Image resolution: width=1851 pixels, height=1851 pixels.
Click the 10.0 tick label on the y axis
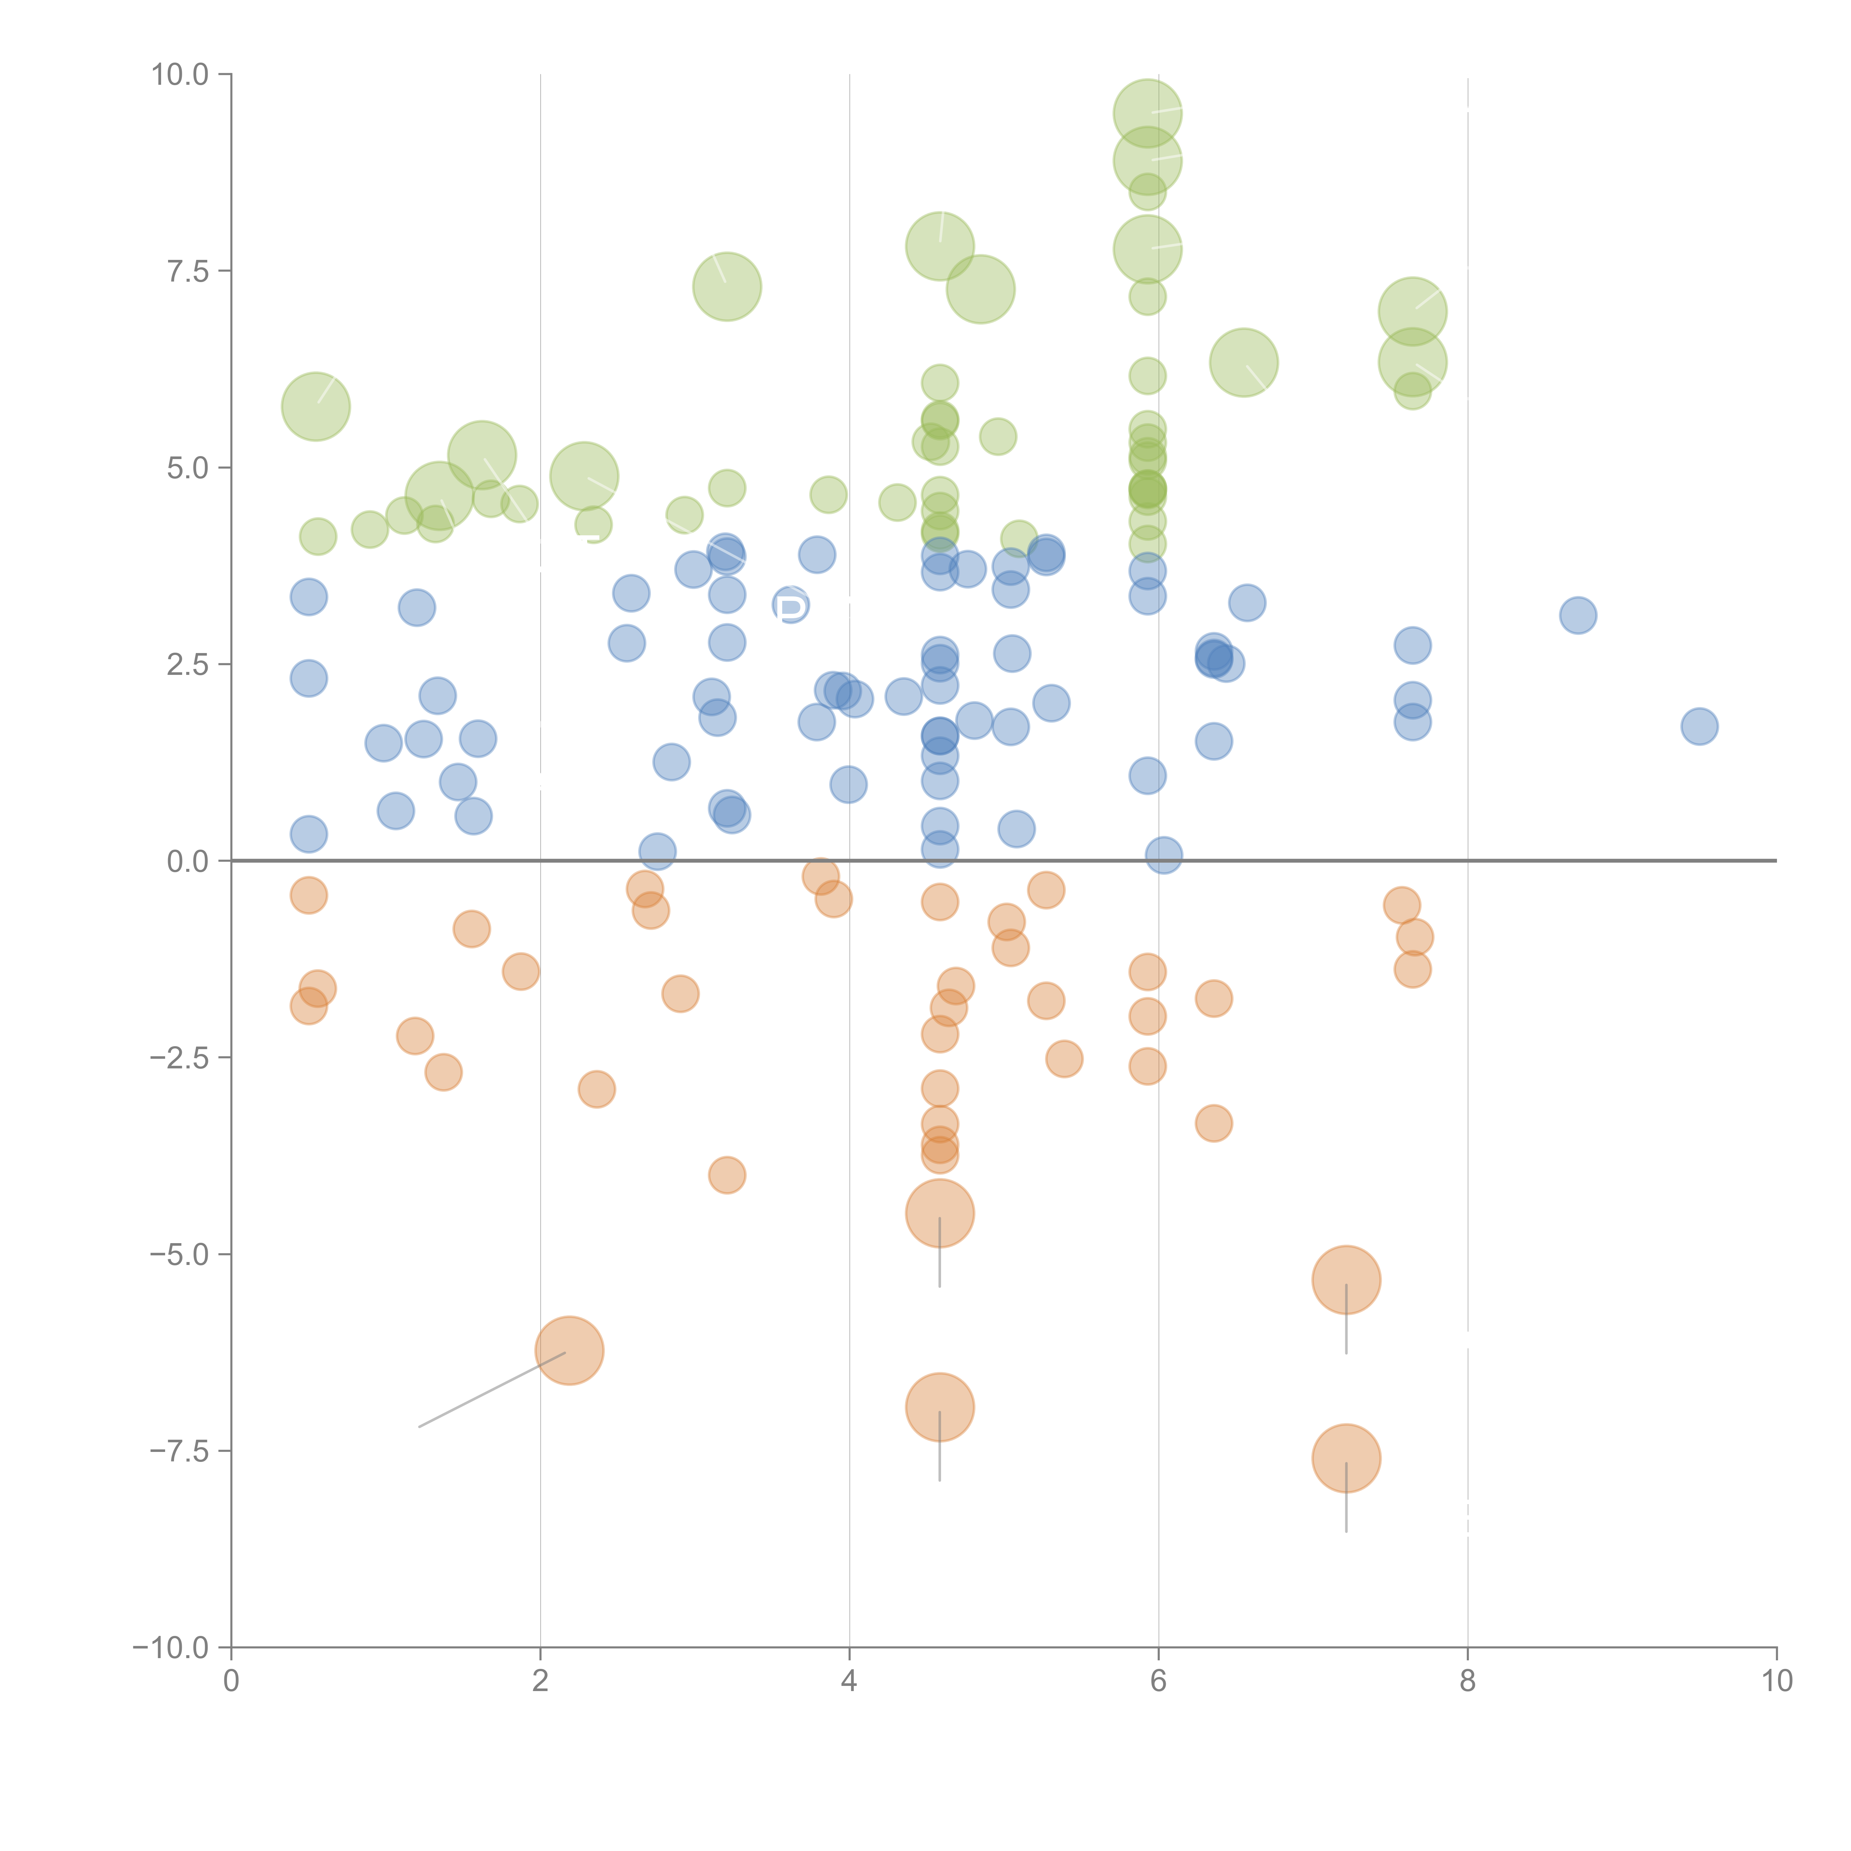coord(180,75)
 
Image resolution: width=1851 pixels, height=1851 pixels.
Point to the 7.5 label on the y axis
coord(188,271)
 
